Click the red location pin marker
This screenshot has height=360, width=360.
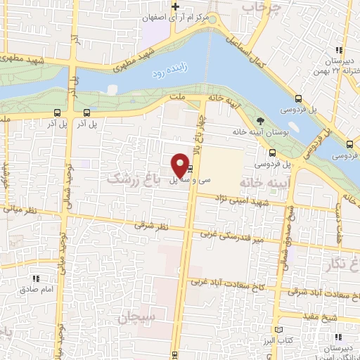pyautogui.click(x=180, y=163)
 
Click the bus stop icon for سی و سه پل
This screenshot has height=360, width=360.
pyautogui.click(x=191, y=169)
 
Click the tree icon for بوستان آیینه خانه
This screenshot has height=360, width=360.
pyautogui.click(x=261, y=120)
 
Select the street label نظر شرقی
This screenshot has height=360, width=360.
pyautogui.click(x=154, y=227)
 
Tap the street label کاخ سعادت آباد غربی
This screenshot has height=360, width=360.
pyautogui.click(x=229, y=283)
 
